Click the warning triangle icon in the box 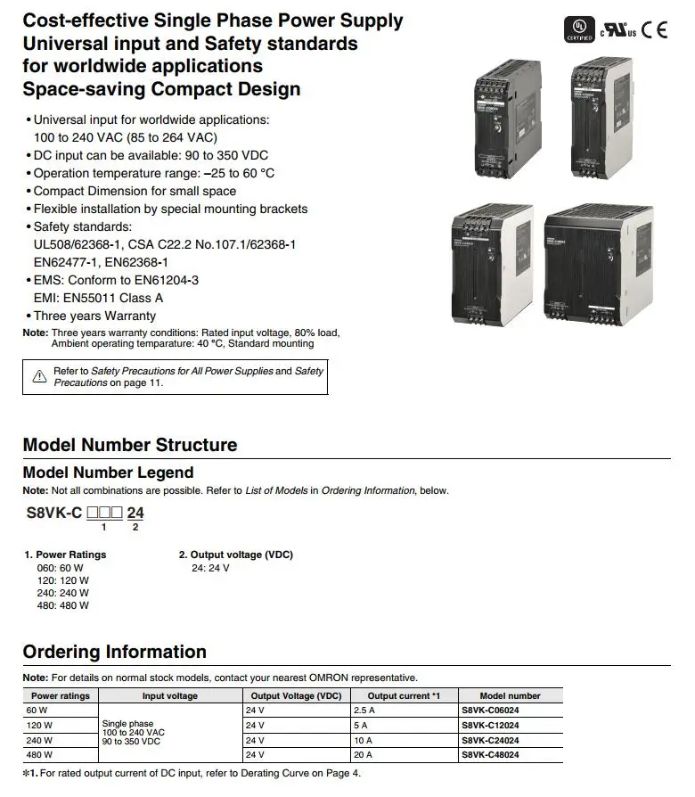click(x=39, y=376)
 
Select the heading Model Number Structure click(x=129, y=445)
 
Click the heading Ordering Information click(x=114, y=652)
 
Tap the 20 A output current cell click(x=364, y=755)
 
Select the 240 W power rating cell click(x=39, y=740)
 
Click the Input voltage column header click(x=170, y=695)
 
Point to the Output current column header click(x=405, y=695)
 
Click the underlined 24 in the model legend click(x=135, y=513)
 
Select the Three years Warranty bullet click(x=94, y=316)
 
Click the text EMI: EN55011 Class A click(x=98, y=298)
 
